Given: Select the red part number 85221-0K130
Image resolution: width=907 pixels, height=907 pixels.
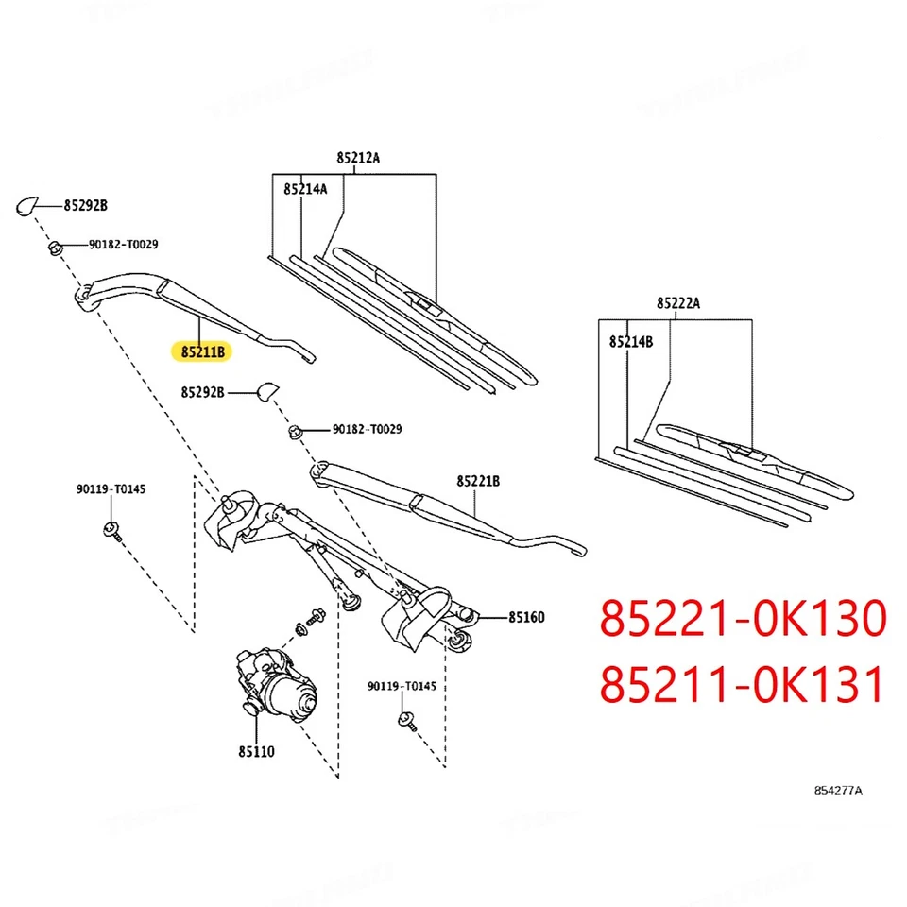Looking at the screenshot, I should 744,620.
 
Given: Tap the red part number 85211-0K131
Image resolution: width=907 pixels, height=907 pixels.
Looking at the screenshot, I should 744,685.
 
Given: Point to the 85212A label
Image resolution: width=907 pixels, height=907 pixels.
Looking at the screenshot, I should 357,158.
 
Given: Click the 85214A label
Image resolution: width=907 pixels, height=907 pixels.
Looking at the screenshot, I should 305,189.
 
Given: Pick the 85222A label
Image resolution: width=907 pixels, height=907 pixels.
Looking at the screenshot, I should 678,303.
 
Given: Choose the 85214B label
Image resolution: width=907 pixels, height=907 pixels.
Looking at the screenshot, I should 630,342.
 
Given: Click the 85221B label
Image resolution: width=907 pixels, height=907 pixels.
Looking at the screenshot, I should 478,481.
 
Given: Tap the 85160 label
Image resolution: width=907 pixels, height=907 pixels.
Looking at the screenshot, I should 526,617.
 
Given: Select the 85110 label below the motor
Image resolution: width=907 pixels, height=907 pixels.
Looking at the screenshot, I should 256,753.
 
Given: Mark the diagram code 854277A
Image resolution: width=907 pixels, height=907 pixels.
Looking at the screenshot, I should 839,790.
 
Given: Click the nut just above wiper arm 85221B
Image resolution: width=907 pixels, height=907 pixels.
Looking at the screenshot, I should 295,432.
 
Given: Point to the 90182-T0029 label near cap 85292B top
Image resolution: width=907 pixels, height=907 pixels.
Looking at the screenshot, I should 123,245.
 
